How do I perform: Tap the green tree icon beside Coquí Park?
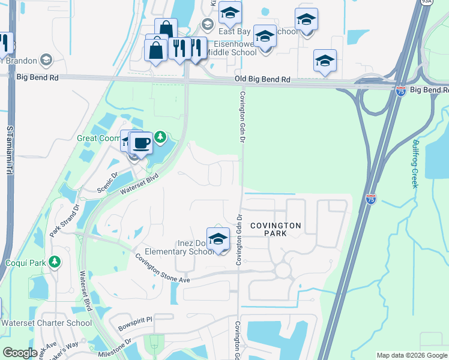pos(55,262)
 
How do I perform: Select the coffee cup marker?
pos(141,144)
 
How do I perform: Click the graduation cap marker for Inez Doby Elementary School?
pos(218,239)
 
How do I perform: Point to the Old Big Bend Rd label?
pos(262,80)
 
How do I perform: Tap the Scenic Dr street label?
pos(110,186)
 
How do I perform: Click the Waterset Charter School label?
pos(46,323)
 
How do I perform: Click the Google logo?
pos(20,353)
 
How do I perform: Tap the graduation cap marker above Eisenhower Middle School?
pos(265,37)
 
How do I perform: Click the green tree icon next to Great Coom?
pos(160,137)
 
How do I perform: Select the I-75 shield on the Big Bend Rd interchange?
pos(401,91)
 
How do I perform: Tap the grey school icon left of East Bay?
pos(208,25)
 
